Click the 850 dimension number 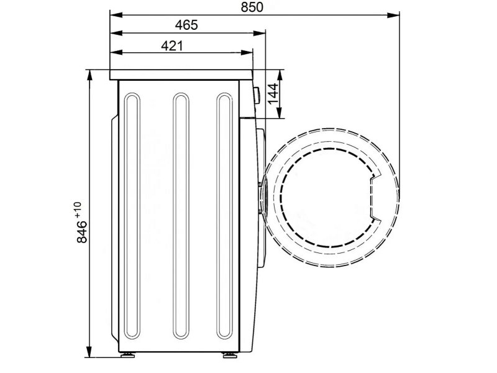coord(252,7)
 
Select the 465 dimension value coord(186,25)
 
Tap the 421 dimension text coord(172,46)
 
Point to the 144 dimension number coord(273,94)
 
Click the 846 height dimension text coord(82,231)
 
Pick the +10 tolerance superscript coord(78,210)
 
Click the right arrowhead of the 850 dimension coord(393,14)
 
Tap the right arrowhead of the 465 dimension coord(259,33)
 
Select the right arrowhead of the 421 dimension coord(247,53)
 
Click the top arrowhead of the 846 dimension coord(89,76)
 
